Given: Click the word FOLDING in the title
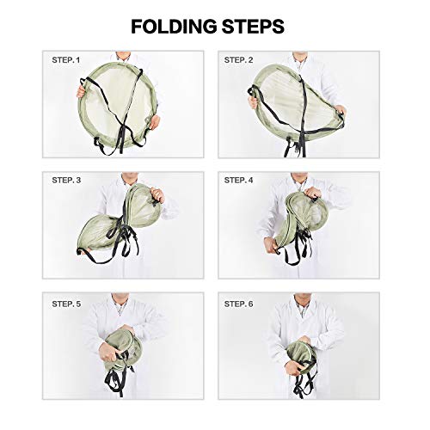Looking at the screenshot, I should tap(175, 26).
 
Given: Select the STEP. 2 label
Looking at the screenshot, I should tap(239, 60).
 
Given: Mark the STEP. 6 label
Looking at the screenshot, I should tap(239, 304).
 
